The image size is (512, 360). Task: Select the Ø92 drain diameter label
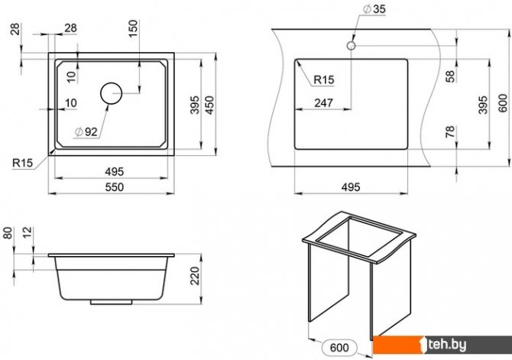pos(86,131)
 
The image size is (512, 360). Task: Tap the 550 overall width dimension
pos(115,187)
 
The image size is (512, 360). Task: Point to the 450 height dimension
pos(210,105)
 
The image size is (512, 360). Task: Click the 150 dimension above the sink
pos(133,29)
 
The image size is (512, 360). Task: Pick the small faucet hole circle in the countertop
pos(351,45)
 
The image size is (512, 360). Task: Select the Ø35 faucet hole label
pos(374,9)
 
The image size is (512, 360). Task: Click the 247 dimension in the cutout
pos(323,103)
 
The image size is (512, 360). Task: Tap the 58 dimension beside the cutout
pos(450,76)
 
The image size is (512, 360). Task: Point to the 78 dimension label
pos(450,131)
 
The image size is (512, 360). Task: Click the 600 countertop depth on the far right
pos(503,103)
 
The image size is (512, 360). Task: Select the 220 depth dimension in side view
pos(195,276)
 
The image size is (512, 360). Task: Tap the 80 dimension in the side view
pos(8,233)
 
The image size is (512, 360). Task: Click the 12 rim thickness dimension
pos(28,232)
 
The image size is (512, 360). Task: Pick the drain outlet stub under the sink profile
pos(111,302)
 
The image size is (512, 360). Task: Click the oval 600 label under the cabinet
pos(339,348)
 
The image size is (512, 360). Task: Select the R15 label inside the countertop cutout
pos(323,79)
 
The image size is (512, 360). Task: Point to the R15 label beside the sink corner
pos(23,163)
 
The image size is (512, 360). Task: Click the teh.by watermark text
pos(447,345)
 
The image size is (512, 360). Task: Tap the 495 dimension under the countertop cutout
pos(351,187)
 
